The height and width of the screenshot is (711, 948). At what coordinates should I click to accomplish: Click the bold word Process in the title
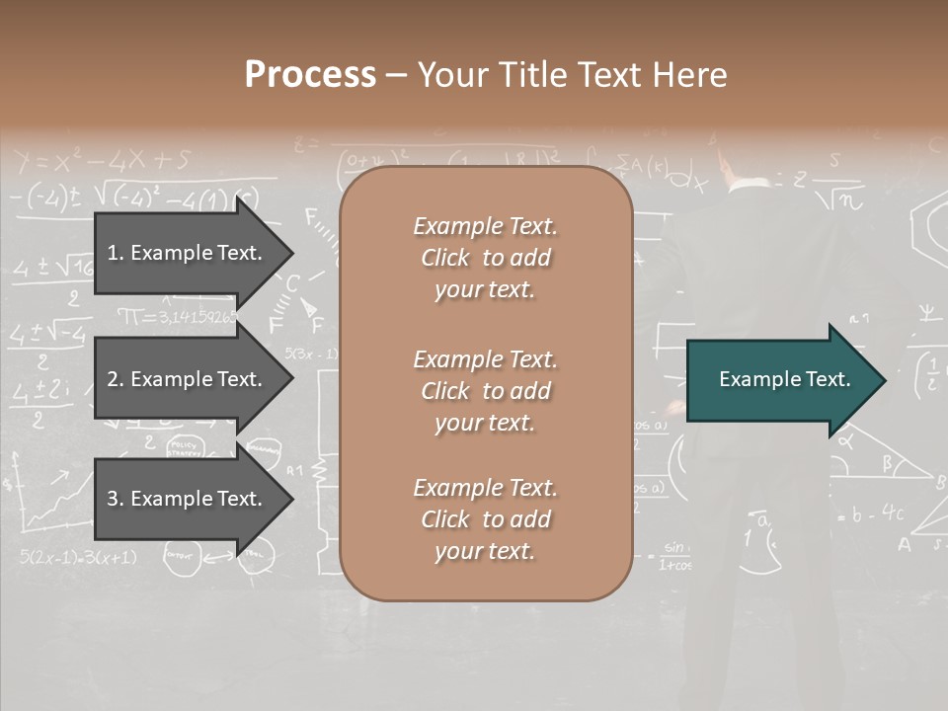pyautogui.click(x=310, y=75)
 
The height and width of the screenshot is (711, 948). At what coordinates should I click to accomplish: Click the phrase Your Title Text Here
pyautogui.click(x=572, y=75)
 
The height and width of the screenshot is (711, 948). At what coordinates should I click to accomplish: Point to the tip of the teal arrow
pyautogui.click(x=884, y=380)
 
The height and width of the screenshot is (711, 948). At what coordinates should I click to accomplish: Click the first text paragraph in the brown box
pyautogui.click(x=485, y=258)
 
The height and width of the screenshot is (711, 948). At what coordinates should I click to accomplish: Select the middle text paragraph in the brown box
pyautogui.click(x=485, y=390)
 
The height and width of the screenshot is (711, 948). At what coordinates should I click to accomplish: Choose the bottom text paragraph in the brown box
pyautogui.click(x=485, y=519)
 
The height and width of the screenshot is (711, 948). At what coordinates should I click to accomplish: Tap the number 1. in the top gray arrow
pyautogui.click(x=116, y=253)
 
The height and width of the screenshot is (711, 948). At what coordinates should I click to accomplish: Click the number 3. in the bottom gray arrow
pyautogui.click(x=116, y=499)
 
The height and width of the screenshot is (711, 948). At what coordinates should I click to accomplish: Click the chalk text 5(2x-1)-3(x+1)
pyautogui.click(x=78, y=557)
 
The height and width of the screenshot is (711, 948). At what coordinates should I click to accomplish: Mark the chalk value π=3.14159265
pyautogui.click(x=178, y=317)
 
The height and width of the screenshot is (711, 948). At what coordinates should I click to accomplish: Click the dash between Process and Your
pyautogui.click(x=396, y=75)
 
